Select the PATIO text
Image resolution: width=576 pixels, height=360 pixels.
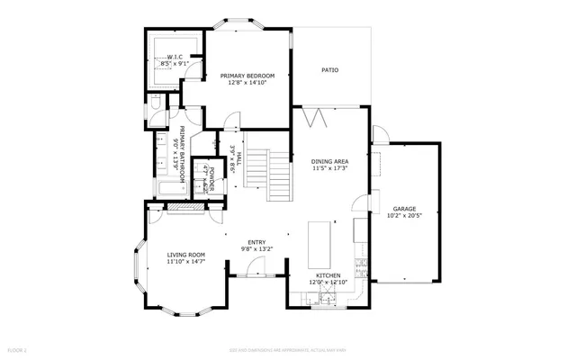coord(330,69)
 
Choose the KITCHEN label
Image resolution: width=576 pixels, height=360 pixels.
coord(328,275)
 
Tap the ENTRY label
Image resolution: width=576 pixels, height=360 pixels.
coord(257,241)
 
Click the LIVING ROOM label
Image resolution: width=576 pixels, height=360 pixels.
coord(186,255)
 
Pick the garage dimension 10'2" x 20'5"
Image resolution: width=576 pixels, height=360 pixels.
coord(404,215)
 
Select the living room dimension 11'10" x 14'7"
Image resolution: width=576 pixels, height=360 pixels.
coord(186,262)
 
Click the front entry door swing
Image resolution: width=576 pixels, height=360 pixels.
coord(257,266)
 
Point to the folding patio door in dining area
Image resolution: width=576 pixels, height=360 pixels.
coord(312,117)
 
